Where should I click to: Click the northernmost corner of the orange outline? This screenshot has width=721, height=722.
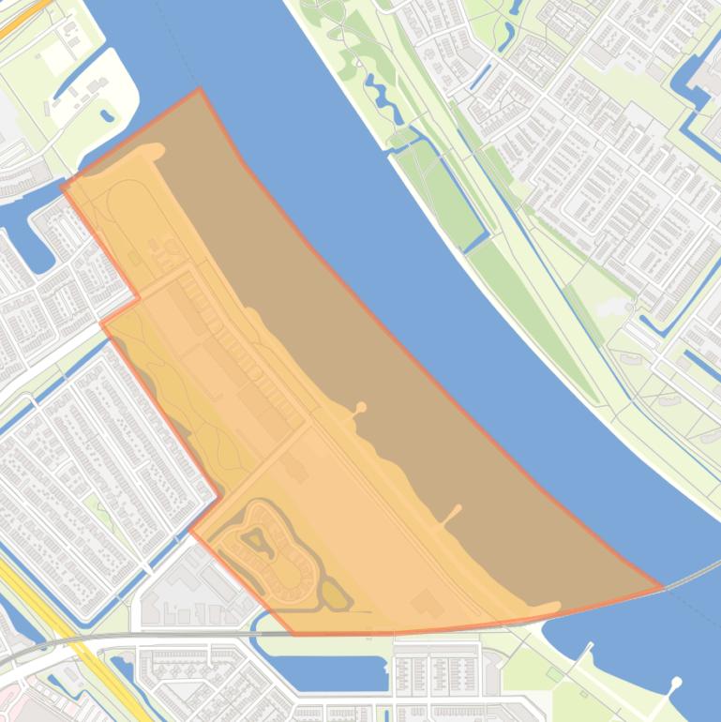(x=199, y=90)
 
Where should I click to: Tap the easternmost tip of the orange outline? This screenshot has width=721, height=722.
(x=662, y=588)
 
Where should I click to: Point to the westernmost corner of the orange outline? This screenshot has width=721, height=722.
(x=63, y=187)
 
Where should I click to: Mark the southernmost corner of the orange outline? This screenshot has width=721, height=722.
(x=296, y=634)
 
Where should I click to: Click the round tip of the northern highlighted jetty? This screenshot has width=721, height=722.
(x=361, y=407)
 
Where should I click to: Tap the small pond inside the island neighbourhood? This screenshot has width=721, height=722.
(x=253, y=537)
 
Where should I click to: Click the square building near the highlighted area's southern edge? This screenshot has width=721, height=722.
(x=427, y=602)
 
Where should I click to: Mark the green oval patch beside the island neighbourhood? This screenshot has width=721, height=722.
(x=335, y=593)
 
